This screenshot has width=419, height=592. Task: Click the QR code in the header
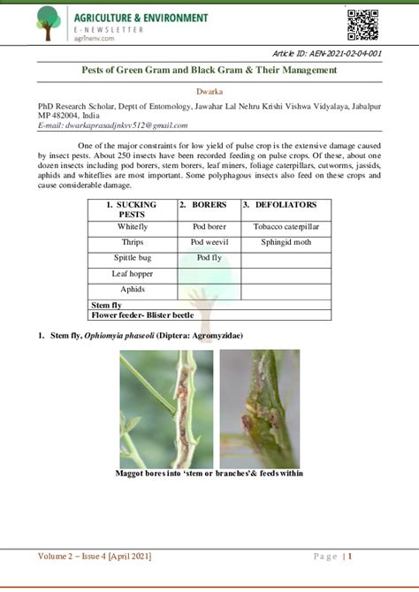[x=363, y=24]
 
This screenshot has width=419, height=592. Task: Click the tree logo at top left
[x=49, y=23]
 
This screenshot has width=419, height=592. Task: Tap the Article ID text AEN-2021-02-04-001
[x=327, y=54]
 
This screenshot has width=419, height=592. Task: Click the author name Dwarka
[x=209, y=91]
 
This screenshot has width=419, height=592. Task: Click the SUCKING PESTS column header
[x=132, y=209]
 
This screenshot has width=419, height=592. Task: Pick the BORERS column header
[x=209, y=205]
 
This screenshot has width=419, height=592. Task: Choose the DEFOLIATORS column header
[x=279, y=205]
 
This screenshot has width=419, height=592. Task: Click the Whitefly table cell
[x=132, y=227]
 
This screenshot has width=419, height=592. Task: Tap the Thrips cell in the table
[x=132, y=242]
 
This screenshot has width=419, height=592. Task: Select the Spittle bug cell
[x=132, y=258]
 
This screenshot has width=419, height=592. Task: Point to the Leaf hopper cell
[x=132, y=274]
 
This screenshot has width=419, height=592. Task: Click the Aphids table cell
[x=132, y=289]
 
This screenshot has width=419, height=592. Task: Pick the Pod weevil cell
[x=209, y=242]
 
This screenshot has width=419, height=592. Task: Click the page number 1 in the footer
[x=350, y=556]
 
